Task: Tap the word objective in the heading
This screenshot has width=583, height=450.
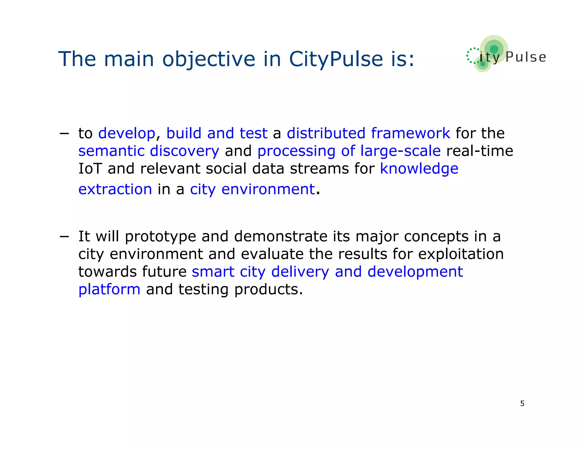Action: pos(209,59)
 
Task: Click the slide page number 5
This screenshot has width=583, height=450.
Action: pos(522,403)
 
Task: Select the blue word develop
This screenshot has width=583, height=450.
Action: pos(127,133)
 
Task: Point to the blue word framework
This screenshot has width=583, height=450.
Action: pos(410,133)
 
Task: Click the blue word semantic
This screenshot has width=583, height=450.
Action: pos(111,151)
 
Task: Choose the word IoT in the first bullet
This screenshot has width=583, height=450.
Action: pos(90,168)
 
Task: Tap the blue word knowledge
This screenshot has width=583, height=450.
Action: pos(419,168)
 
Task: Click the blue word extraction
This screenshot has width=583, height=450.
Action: pos(115,189)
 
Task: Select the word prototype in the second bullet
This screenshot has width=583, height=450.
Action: pos(161,237)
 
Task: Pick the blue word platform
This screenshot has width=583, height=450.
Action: pos(109,290)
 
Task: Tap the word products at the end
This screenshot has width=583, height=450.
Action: pos(268,290)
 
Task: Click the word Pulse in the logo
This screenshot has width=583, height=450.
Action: pos(526,57)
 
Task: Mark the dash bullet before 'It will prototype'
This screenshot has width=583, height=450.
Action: pos(64,236)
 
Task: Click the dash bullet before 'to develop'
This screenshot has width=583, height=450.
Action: pos(64,133)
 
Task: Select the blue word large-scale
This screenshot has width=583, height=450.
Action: pos(400,151)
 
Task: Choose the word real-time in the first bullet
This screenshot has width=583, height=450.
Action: pos(480,151)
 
